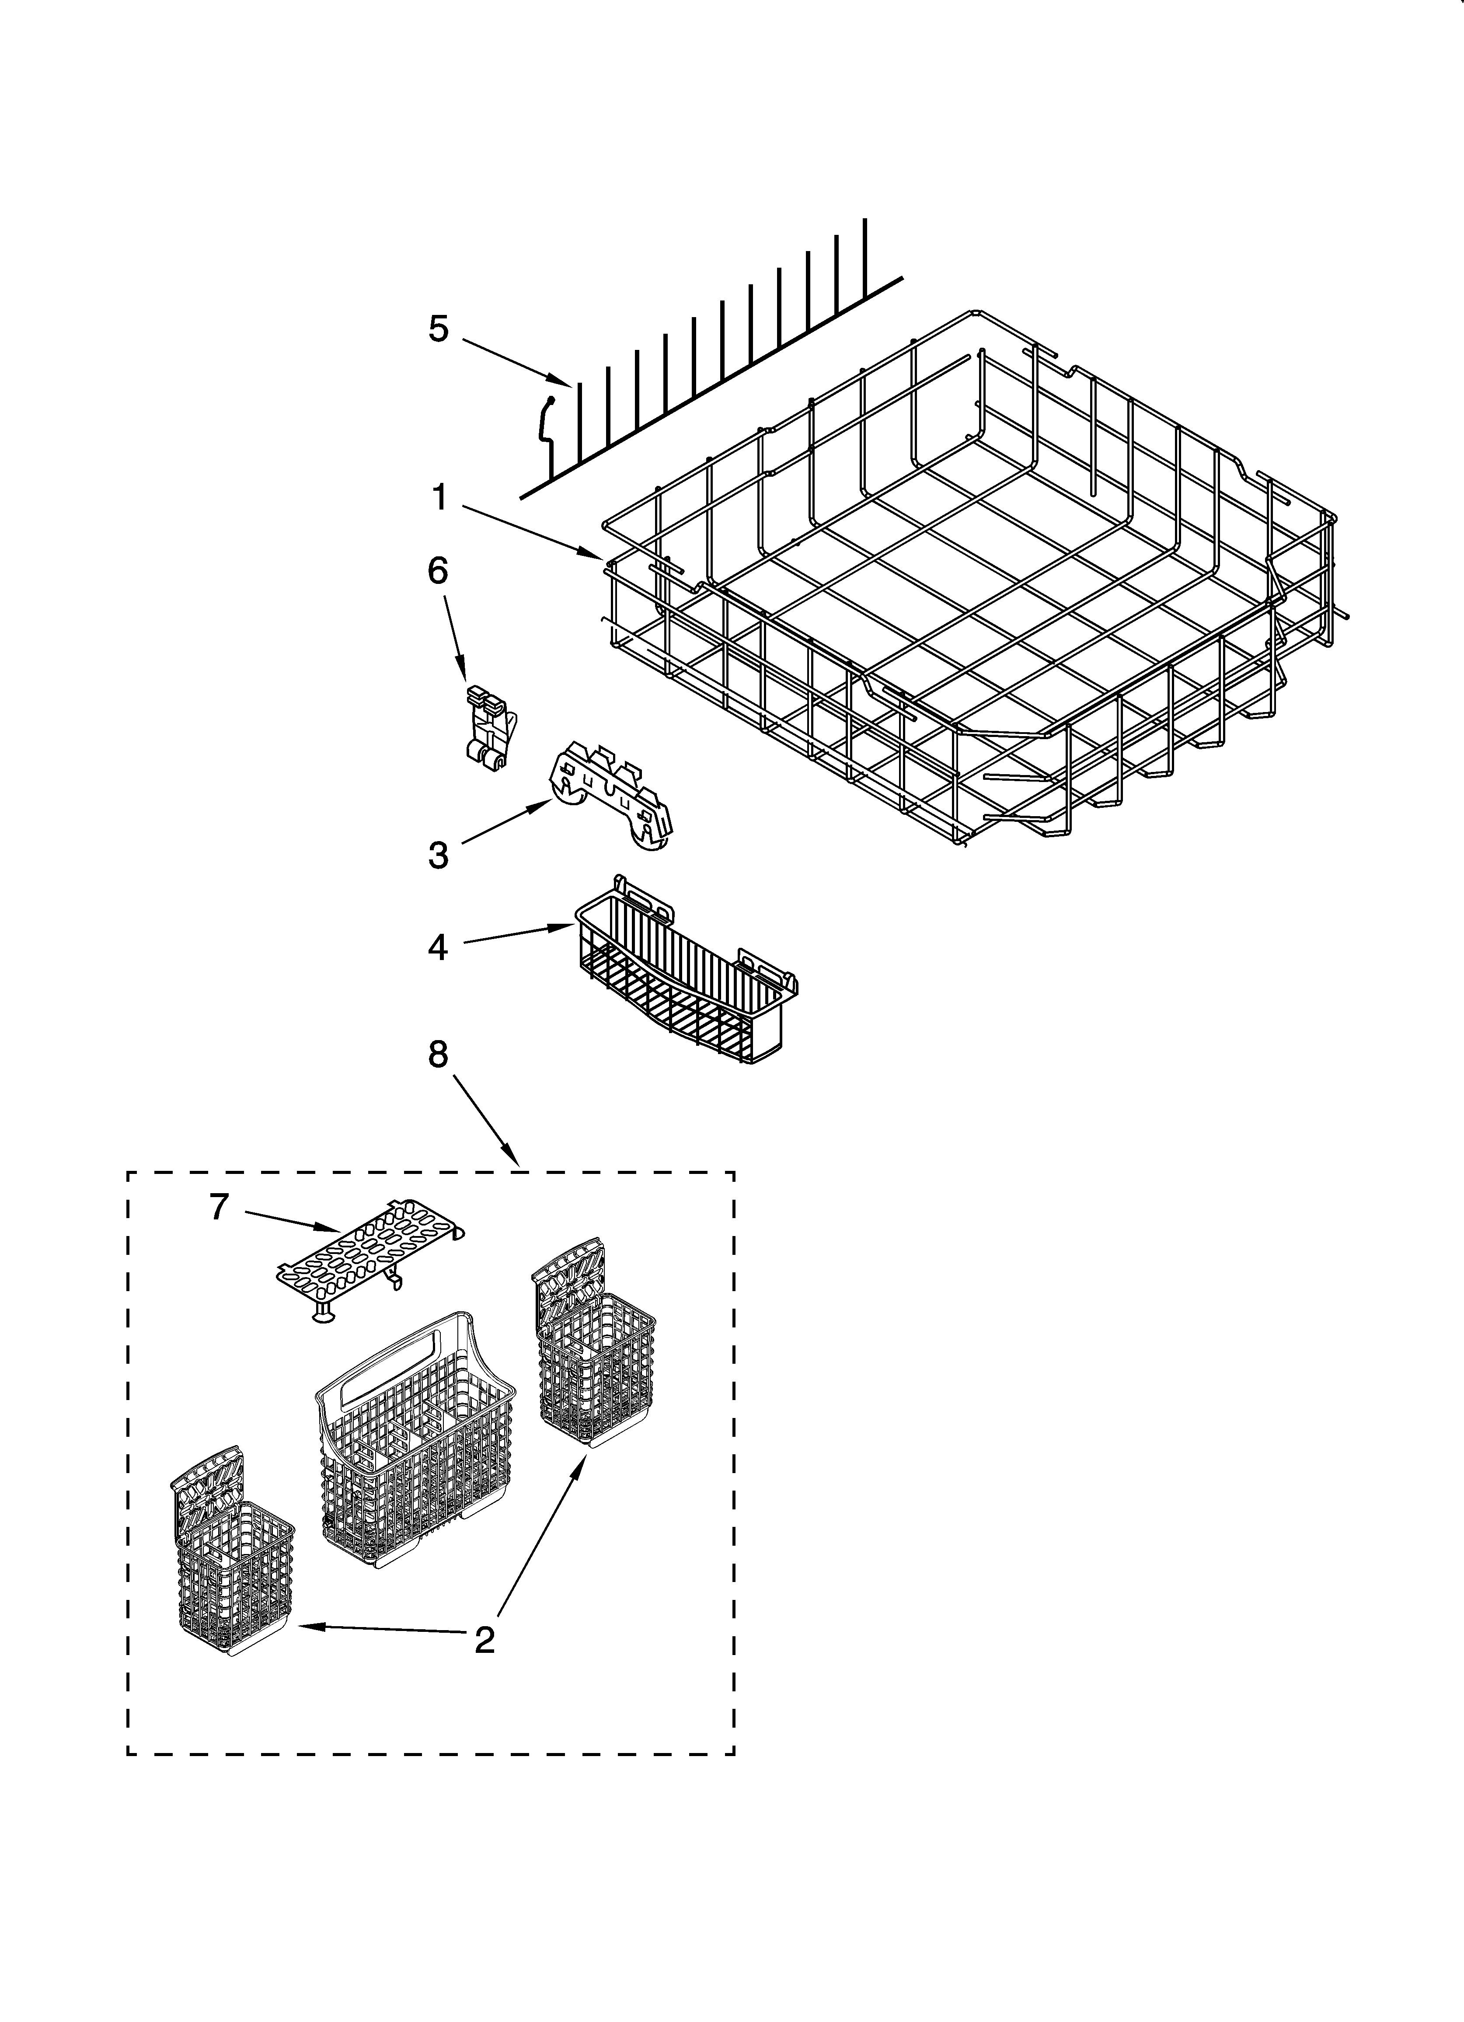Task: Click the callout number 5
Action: pyautogui.click(x=438, y=329)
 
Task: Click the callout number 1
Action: pyautogui.click(x=439, y=497)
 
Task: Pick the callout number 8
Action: pyautogui.click(x=438, y=1055)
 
